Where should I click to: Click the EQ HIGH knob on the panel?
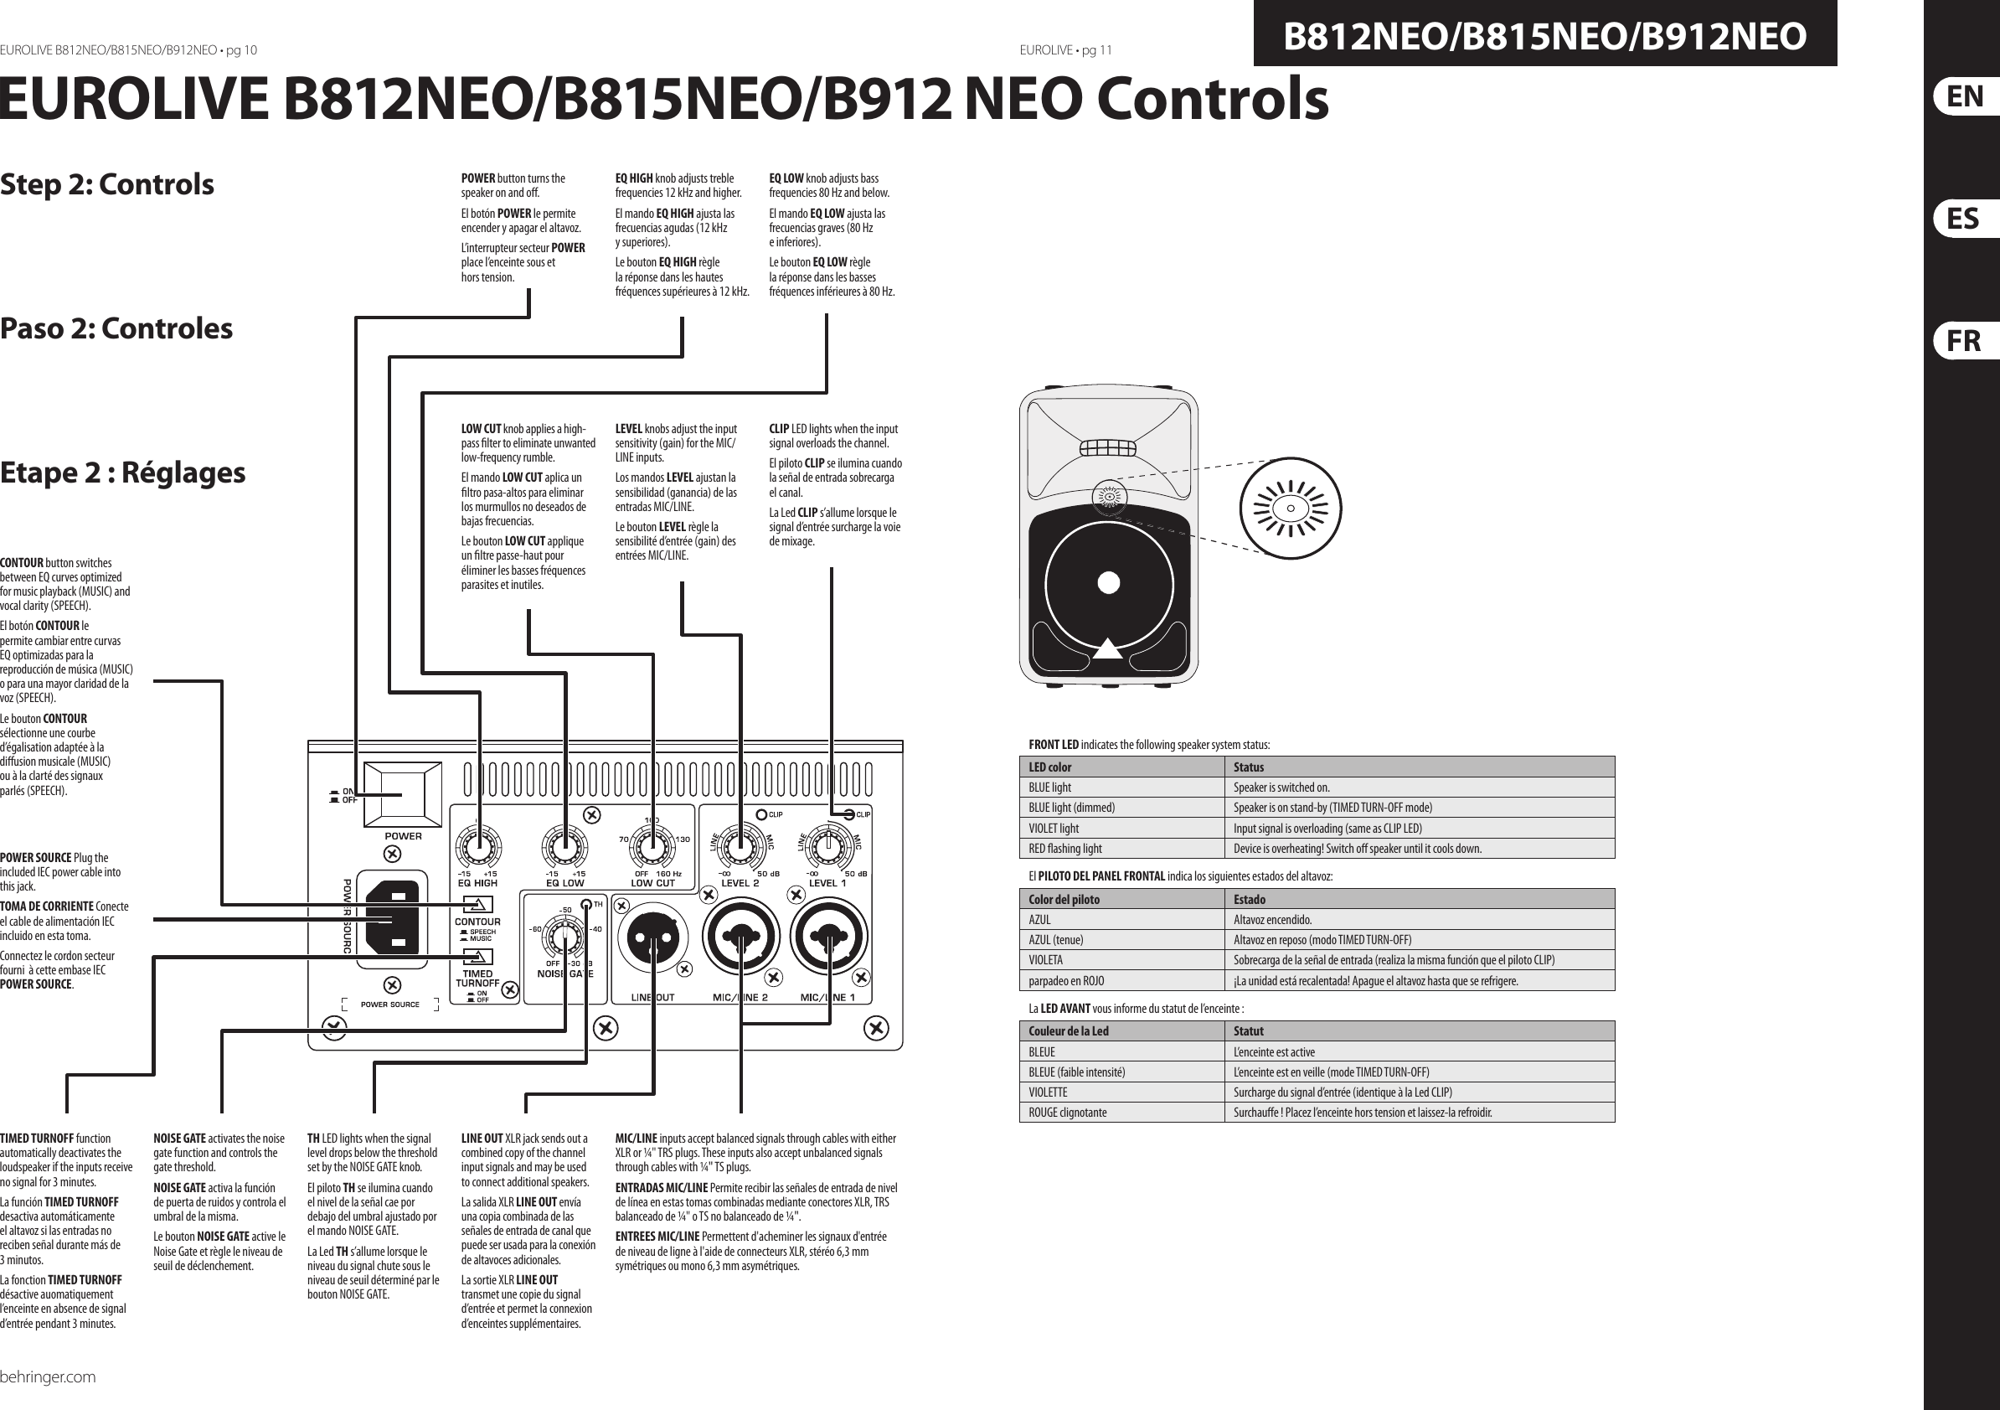coord(478,844)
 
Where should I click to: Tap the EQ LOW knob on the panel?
coord(565,844)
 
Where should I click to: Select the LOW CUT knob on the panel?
coord(652,844)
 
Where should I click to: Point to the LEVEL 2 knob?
coord(740,844)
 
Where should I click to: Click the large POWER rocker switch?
coord(403,794)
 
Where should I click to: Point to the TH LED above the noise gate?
coord(586,904)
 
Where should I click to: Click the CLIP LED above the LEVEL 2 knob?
coord(760,815)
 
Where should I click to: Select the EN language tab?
coord(1963,96)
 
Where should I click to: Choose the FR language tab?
coord(1963,341)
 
